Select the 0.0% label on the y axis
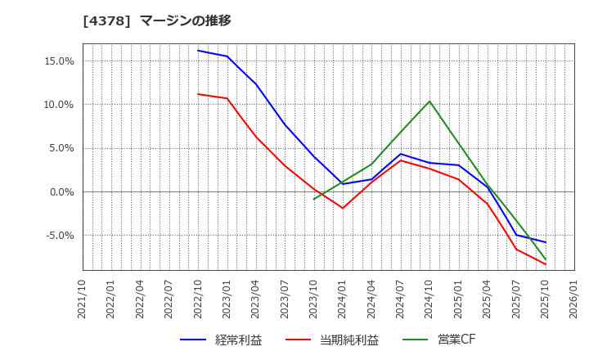click(61, 192)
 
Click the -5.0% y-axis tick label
click(59, 236)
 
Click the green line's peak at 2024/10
click(429, 101)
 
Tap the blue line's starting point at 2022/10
click(198, 51)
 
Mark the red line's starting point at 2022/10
click(198, 94)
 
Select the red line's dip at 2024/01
click(343, 208)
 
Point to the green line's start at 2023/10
click(314, 199)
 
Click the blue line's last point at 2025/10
click(546, 242)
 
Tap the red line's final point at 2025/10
click(546, 264)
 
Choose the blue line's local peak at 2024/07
click(401, 154)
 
